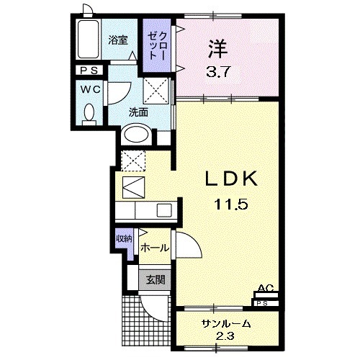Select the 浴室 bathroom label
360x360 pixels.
pos(117,40)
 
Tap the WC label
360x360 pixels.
pos(91,89)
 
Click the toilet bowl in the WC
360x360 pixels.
pos(89,113)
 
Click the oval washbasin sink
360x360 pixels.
pos(137,135)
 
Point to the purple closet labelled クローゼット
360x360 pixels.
pos(158,47)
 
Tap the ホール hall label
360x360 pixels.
pos(155,248)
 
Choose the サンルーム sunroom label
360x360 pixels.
pos(225,323)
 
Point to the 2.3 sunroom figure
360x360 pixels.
pos(225,336)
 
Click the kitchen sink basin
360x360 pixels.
pos(163,210)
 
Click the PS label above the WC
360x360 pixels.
pos(91,70)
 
